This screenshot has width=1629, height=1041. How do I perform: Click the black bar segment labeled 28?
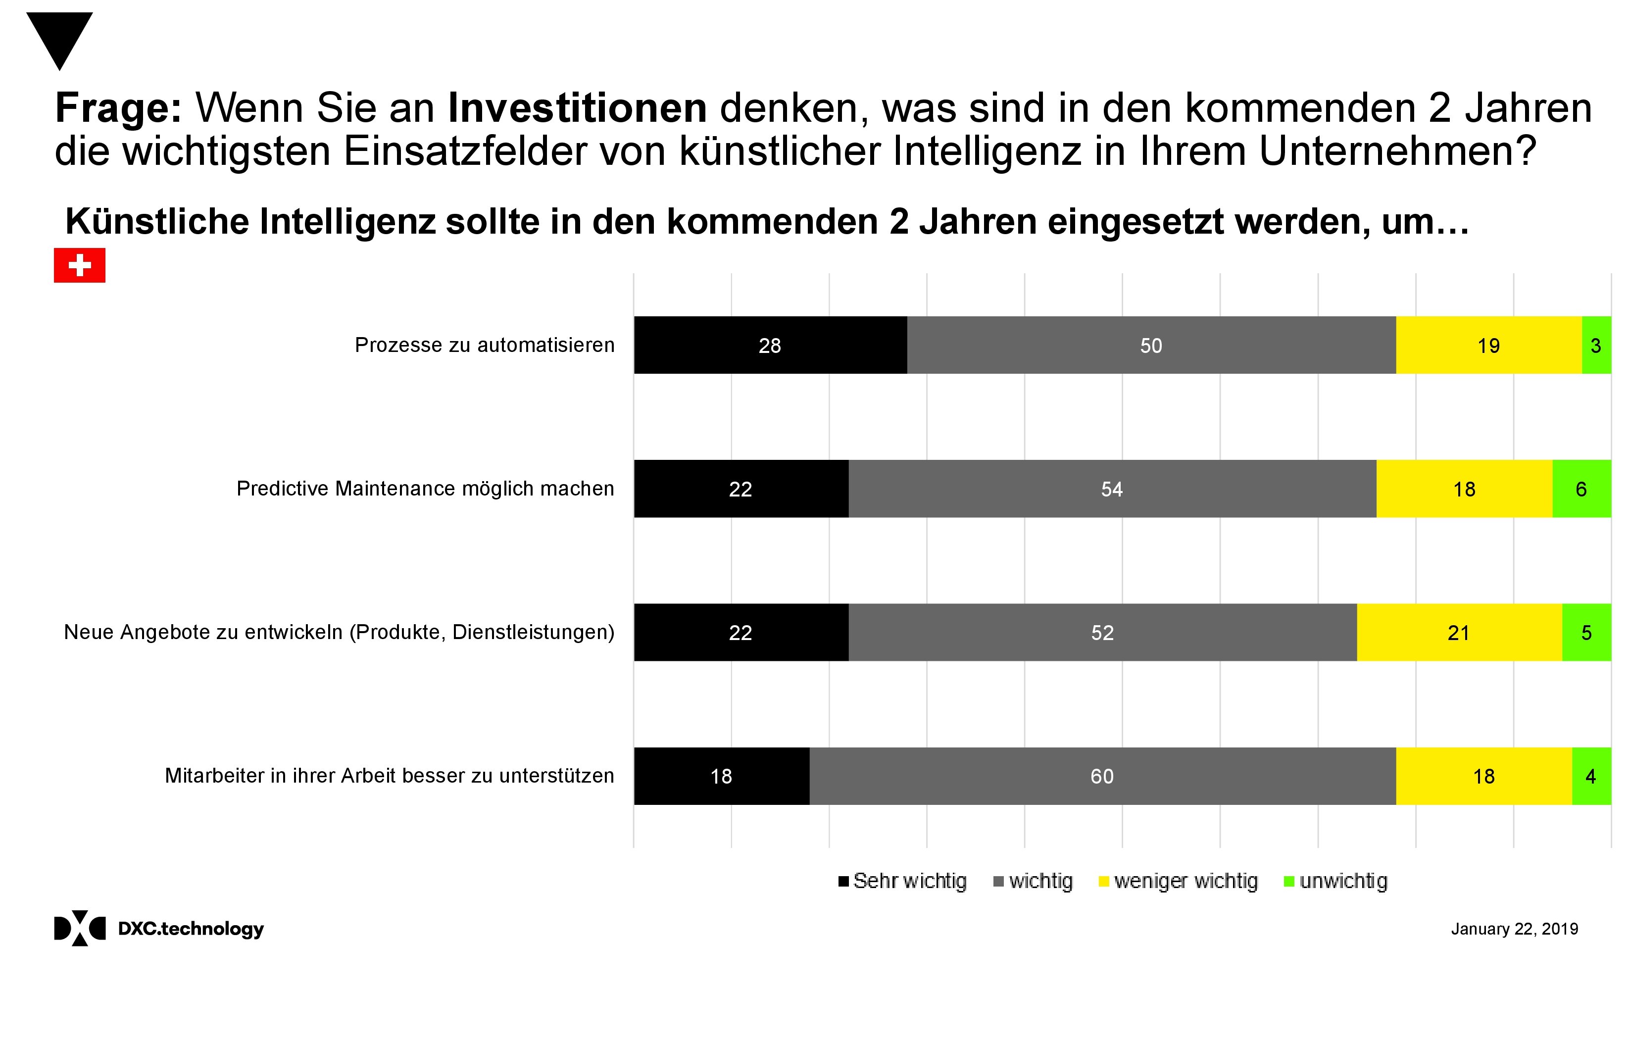pos(770,345)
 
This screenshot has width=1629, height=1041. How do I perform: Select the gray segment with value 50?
pos(1151,345)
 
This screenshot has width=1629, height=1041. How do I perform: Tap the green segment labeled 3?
pos(1596,345)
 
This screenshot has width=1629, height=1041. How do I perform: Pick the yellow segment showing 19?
pos(1488,345)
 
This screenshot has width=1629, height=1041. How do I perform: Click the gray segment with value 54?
pos(1111,489)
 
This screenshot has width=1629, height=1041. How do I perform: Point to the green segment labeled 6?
pos(1581,489)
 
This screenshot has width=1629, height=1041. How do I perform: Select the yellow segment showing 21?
pos(1459,633)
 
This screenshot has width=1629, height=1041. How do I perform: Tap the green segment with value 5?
pos(1586,633)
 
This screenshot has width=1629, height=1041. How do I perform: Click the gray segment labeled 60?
pos(1102,776)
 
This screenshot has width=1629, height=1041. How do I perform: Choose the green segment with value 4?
pos(1591,776)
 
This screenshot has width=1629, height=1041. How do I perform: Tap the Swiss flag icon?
pos(80,265)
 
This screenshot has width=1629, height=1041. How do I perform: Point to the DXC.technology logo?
pos(159,928)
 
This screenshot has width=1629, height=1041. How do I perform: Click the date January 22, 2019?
pos(1514,929)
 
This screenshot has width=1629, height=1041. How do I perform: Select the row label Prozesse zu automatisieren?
pos(485,345)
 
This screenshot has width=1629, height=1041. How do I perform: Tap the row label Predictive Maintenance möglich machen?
pos(425,489)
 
